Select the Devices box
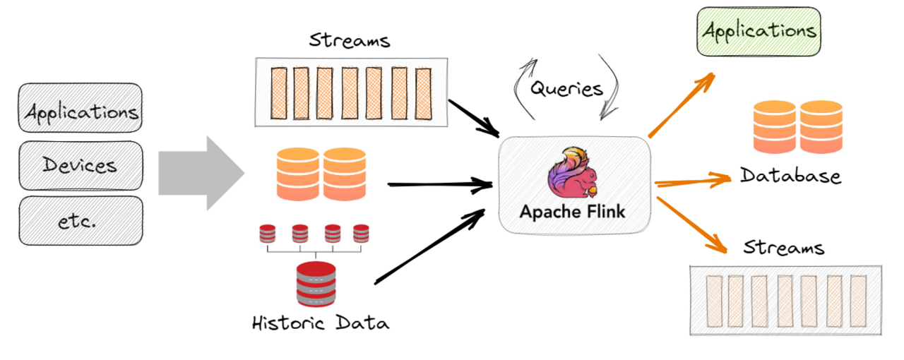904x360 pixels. [x=81, y=165]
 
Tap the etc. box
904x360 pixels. [x=81, y=221]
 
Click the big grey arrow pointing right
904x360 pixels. [x=201, y=173]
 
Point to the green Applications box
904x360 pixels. [x=759, y=32]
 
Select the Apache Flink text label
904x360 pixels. [x=573, y=212]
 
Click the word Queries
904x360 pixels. [x=567, y=89]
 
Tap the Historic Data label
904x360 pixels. [x=321, y=323]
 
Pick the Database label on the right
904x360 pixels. [x=790, y=175]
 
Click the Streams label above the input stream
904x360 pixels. [x=350, y=40]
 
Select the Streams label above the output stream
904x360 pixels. [x=784, y=248]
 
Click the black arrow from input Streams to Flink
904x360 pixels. [x=474, y=117]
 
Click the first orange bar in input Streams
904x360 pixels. [x=278, y=92]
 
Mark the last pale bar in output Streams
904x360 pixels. [x=858, y=299]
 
